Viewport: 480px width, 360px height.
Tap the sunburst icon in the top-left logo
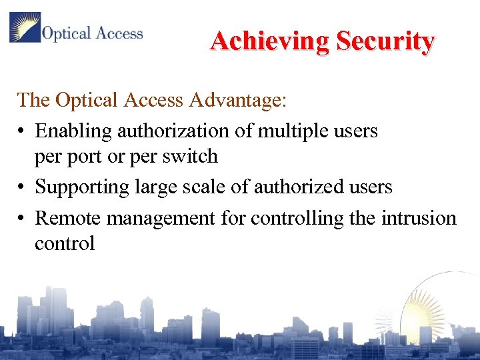(25, 27)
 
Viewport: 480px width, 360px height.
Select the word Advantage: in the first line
(238, 100)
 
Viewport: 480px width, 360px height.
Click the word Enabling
(73, 131)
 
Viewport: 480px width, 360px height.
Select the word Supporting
(81, 187)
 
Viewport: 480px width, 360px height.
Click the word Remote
(68, 218)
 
